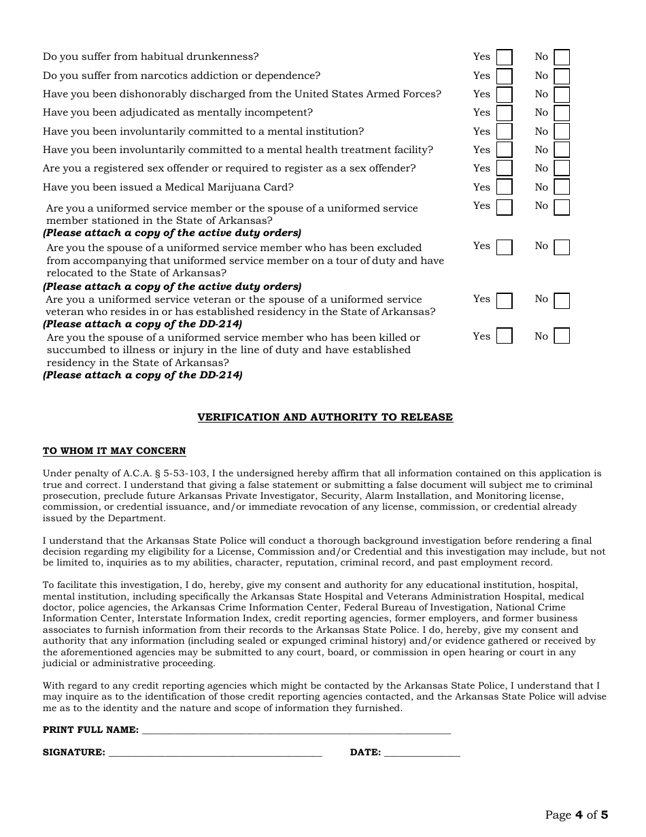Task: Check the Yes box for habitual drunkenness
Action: (x=504, y=58)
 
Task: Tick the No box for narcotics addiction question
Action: (x=562, y=76)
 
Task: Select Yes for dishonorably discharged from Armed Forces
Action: (x=504, y=95)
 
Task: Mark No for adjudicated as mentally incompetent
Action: (x=562, y=113)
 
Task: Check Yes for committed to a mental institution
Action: (x=504, y=132)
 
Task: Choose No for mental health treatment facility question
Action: (x=562, y=150)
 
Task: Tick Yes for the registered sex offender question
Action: (x=504, y=169)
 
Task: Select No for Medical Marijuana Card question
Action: (x=562, y=188)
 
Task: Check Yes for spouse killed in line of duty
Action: (x=504, y=336)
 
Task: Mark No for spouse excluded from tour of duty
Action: (x=562, y=247)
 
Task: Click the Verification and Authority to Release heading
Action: (x=325, y=417)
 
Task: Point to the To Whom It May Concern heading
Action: (x=114, y=451)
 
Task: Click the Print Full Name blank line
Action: (x=296, y=731)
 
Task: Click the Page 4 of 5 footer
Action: (x=576, y=815)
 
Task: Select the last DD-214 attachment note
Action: (x=143, y=375)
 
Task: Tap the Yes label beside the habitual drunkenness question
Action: (x=481, y=57)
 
